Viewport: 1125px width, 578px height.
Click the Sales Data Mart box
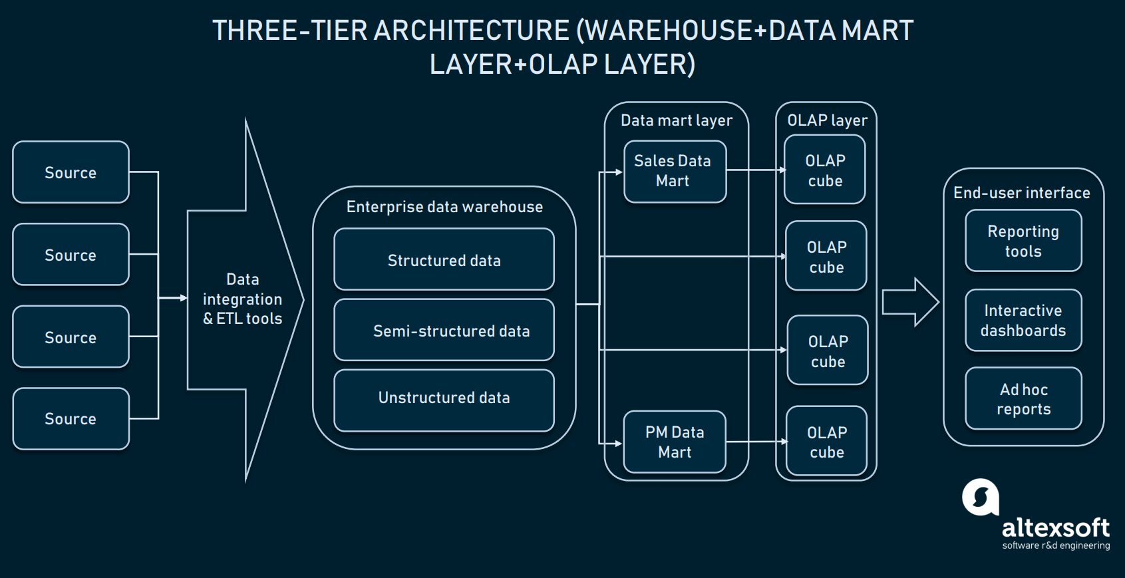coord(675,172)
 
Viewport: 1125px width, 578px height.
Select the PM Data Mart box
coord(675,442)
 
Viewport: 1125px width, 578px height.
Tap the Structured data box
coord(444,260)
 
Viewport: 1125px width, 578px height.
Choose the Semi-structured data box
coord(444,331)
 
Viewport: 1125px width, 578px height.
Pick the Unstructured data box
coord(444,398)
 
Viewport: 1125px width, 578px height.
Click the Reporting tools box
coord(1023,241)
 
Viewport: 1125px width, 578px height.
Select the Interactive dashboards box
coord(1023,321)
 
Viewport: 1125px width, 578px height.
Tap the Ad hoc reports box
coord(1023,399)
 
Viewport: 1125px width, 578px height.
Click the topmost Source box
coord(71,172)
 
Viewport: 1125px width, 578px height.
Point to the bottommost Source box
coord(71,419)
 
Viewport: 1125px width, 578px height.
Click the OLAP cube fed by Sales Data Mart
coord(825,170)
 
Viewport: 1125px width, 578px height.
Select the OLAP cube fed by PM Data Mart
coord(826,442)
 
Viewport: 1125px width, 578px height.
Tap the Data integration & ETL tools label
coord(243,299)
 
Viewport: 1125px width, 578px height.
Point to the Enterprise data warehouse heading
coord(444,207)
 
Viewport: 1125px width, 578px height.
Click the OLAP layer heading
coord(827,120)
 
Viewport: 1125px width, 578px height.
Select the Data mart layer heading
coord(676,120)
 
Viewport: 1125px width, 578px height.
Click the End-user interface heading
coord(1022,193)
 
